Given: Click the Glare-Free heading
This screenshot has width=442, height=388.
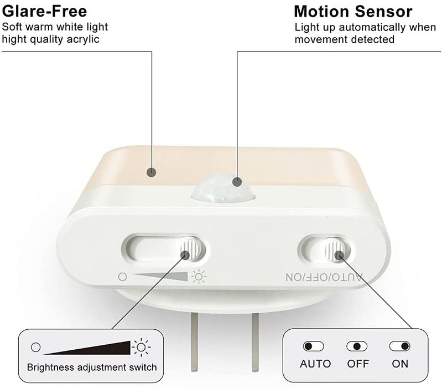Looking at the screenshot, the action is (x=44, y=12).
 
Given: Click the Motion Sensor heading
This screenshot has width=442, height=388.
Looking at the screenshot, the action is (x=353, y=12).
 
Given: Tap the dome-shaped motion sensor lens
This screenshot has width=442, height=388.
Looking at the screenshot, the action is (x=223, y=188).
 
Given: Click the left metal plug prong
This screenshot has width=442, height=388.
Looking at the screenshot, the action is (x=194, y=342).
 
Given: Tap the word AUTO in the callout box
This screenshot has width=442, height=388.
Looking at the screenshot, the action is (x=315, y=364).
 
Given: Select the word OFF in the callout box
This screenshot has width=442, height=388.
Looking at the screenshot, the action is (x=358, y=364).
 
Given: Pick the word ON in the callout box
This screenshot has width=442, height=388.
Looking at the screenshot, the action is (x=400, y=364).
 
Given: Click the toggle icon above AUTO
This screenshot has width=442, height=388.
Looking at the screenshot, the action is (x=313, y=346).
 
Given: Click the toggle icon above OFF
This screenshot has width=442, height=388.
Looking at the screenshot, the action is (x=357, y=346).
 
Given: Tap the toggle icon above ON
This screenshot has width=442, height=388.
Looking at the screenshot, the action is (x=400, y=346).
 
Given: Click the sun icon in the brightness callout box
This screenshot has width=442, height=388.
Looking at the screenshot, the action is (x=141, y=347).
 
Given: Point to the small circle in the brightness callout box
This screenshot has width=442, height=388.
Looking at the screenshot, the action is (x=36, y=347).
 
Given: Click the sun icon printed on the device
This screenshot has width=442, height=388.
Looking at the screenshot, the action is (x=199, y=277).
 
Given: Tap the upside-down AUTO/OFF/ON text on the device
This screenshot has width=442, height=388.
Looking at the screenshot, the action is (x=324, y=277).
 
